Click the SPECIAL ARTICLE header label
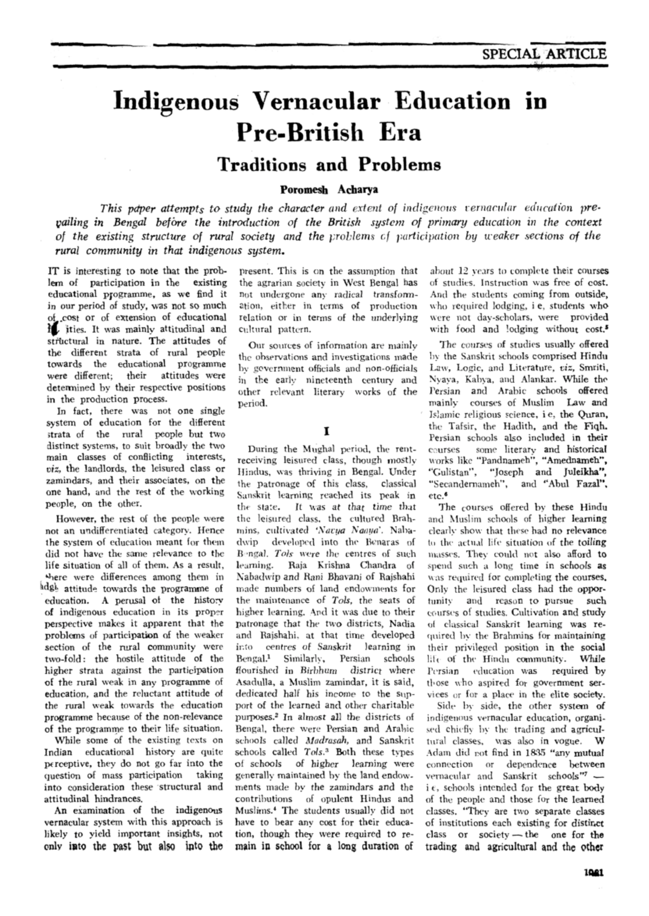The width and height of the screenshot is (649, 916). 544,54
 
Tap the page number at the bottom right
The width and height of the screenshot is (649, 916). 594,872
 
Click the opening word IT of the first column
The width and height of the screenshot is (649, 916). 53,270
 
